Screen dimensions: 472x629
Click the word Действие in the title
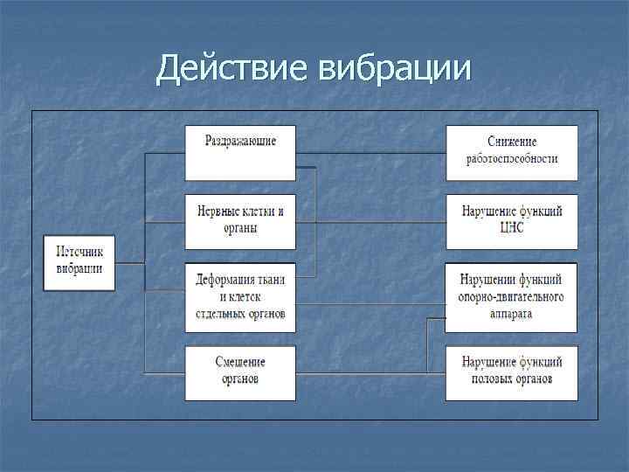click(229, 68)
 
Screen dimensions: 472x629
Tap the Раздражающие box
click(240, 152)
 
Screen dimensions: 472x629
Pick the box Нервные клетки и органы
click(240, 221)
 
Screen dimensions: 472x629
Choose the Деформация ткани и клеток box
click(240, 297)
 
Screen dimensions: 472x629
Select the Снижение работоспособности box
click(512, 152)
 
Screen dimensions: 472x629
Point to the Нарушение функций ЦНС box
click(512, 221)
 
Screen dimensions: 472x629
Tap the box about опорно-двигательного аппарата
click(512, 297)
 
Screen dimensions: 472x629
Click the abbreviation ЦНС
click(512, 229)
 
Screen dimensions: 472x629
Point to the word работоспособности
click(512, 160)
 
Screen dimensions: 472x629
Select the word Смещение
click(240, 363)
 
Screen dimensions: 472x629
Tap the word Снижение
click(512, 142)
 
